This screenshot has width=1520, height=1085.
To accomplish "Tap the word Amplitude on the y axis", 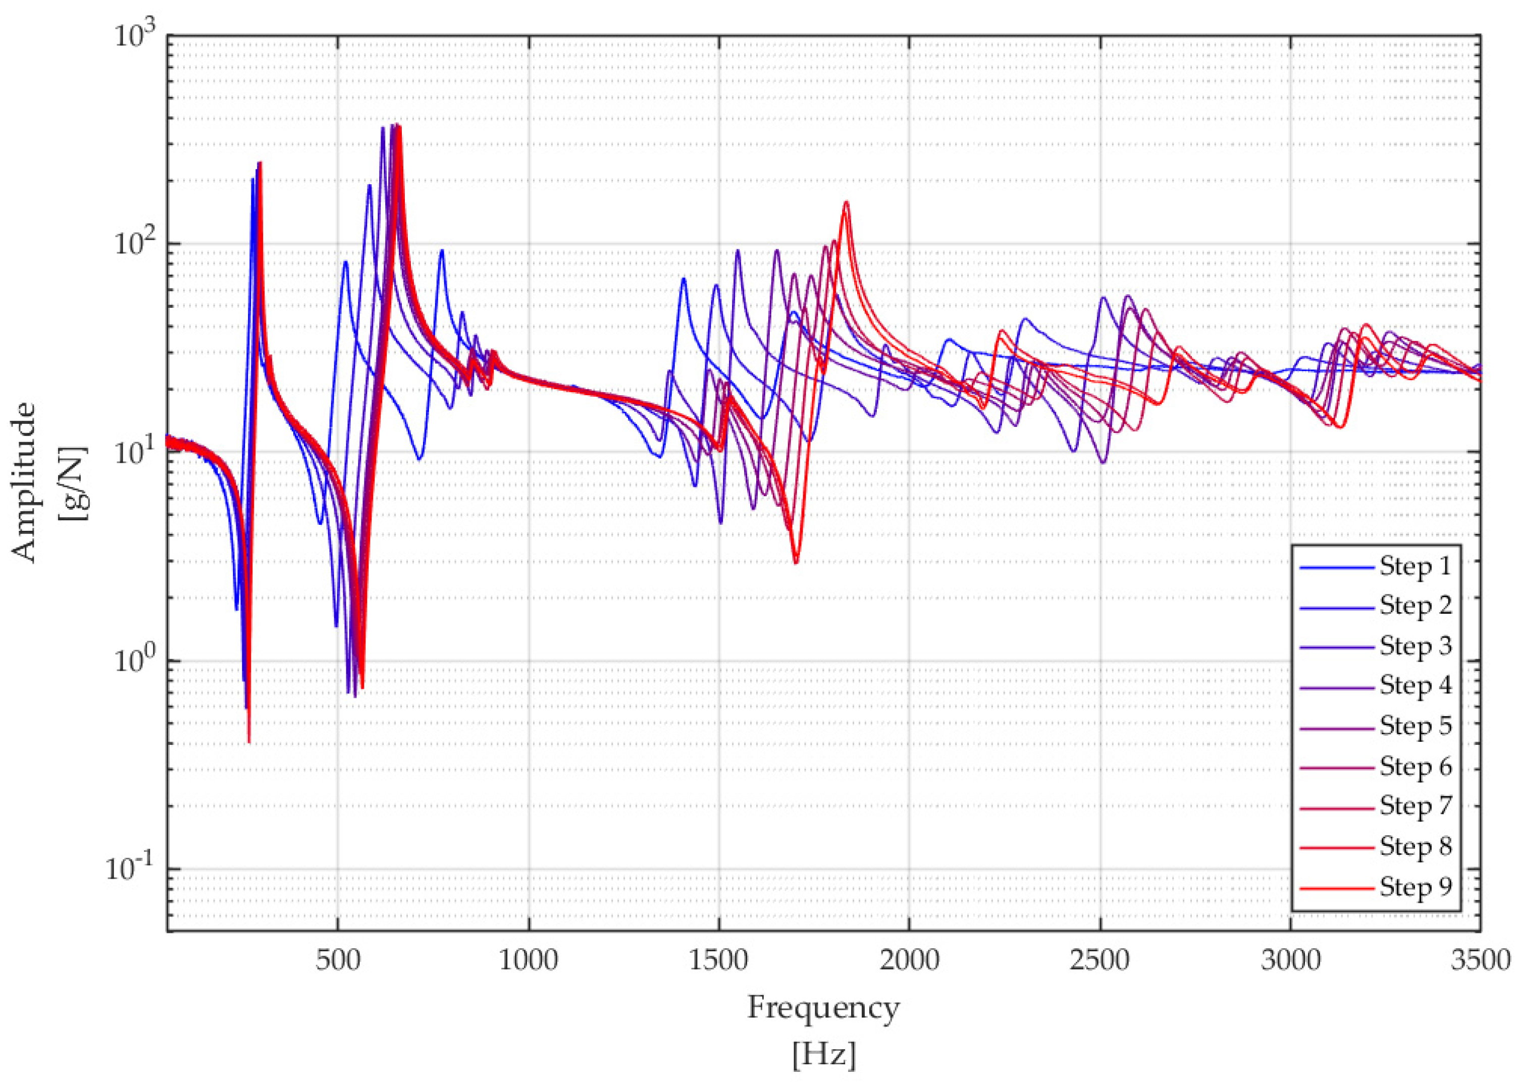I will click(x=25, y=482).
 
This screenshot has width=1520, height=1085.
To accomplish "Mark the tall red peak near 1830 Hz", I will click(x=846, y=202).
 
